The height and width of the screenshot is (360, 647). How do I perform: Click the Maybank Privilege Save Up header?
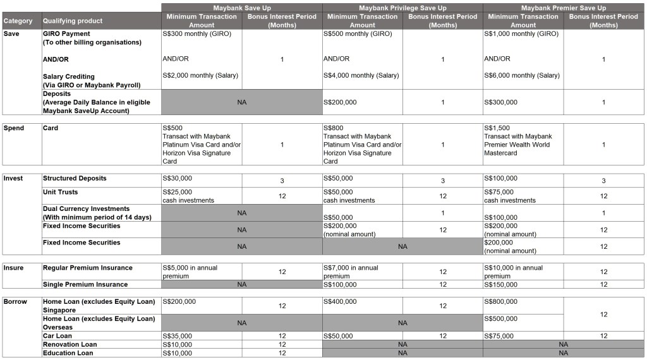click(x=402, y=8)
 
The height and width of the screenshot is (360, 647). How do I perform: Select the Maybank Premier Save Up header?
click(x=564, y=8)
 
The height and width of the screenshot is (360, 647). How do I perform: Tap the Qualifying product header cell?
click(x=73, y=21)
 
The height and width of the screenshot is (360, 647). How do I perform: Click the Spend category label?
click(x=14, y=128)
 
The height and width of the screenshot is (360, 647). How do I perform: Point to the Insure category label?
click(x=14, y=268)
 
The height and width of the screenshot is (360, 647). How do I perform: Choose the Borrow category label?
click(x=15, y=302)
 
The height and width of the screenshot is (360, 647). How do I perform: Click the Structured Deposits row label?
click(x=75, y=179)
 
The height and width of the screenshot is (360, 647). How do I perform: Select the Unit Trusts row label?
click(x=61, y=192)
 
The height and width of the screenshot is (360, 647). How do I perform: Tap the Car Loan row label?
click(x=57, y=336)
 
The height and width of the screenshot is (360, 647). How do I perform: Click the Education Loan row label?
click(x=68, y=353)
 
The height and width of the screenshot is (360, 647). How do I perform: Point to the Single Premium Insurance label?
click(x=85, y=285)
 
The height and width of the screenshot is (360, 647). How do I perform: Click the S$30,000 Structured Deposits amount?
click(x=178, y=179)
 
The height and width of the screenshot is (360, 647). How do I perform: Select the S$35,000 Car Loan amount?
click(x=178, y=336)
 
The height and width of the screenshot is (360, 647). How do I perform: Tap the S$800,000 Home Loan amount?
click(x=501, y=302)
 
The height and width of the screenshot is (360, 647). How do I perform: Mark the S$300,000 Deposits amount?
click(x=501, y=102)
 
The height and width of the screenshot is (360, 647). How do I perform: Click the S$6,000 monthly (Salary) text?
click(x=522, y=76)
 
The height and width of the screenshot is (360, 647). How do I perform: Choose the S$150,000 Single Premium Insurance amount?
click(x=501, y=285)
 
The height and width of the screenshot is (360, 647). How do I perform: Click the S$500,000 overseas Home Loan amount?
click(x=501, y=319)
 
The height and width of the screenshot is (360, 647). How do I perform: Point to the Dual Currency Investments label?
click(x=86, y=209)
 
